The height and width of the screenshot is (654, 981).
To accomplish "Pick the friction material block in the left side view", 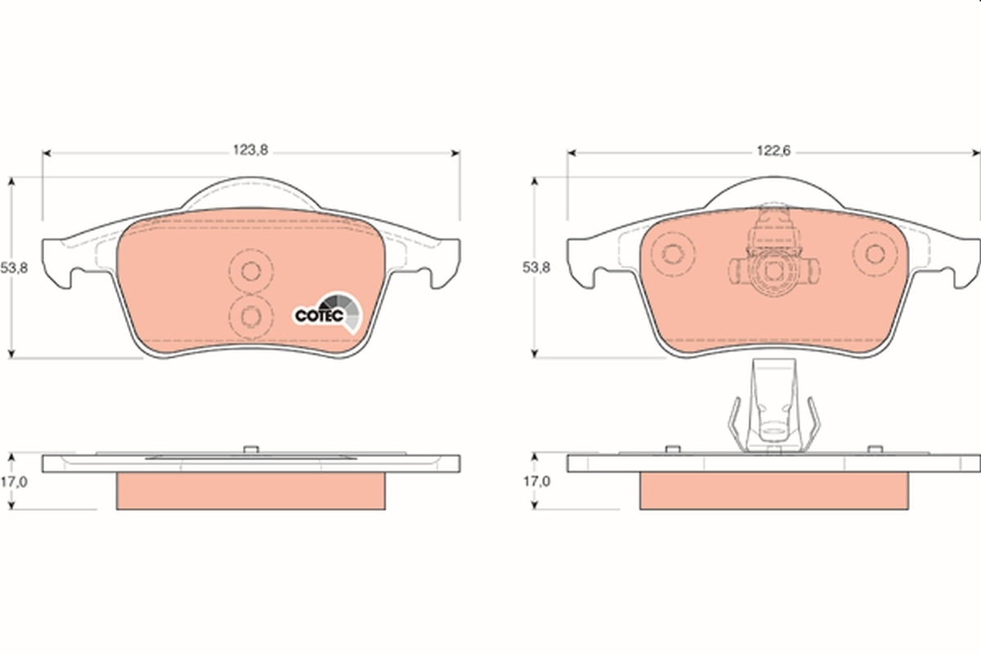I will (x=251, y=490).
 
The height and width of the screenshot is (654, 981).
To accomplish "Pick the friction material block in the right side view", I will (x=773, y=490).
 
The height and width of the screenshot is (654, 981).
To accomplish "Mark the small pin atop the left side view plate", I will (x=251, y=447).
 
